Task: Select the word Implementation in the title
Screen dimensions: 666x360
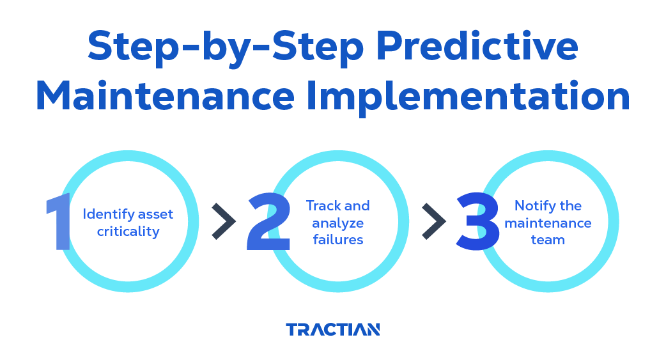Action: point(468,97)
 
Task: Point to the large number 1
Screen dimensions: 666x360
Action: point(59,221)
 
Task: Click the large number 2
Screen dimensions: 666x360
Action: point(269,221)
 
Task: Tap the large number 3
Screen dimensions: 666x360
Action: point(477,221)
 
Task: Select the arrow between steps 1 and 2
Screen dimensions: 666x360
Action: point(224,221)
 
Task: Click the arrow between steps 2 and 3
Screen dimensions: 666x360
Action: point(434,221)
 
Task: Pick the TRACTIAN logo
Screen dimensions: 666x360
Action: point(333,329)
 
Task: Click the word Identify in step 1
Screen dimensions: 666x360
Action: point(109,215)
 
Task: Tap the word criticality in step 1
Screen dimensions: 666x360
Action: point(128,231)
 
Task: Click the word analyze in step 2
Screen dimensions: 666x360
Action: point(338,224)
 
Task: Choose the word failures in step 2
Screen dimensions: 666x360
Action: point(338,240)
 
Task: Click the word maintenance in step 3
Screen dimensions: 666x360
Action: point(548,223)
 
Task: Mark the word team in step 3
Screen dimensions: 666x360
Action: point(548,240)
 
